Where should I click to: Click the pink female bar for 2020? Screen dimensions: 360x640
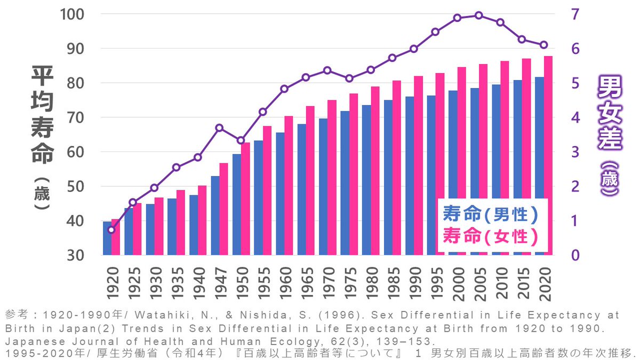(548, 155)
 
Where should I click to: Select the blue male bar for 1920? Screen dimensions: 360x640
(107, 238)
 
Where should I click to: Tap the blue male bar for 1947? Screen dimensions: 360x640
(215, 215)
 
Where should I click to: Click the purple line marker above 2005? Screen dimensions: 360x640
(478, 15)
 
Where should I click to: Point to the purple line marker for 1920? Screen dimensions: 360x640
(111, 230)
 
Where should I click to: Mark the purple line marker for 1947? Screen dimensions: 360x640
(219, 127)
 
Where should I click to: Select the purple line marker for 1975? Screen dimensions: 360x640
(349, 78)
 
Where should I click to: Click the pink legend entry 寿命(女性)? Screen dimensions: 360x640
(489, 235)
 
